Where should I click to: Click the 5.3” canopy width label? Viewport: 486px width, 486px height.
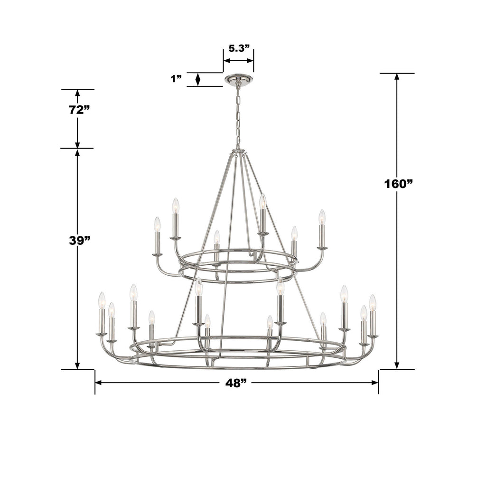click(x=239, y=48)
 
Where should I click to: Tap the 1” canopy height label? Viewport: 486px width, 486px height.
click(x=176, y=79)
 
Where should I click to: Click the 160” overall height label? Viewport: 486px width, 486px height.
click(x=397, y=184)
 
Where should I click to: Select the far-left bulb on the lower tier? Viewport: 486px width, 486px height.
click(x=102, y=300)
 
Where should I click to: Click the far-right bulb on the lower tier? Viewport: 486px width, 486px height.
click(x=373, y=302)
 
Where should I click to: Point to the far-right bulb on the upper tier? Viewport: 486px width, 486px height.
click(x=322, y=217)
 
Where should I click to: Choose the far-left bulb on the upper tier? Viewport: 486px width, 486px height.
click(x=157, y=224)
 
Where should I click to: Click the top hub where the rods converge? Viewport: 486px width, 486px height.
click(x=238, y=151)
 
